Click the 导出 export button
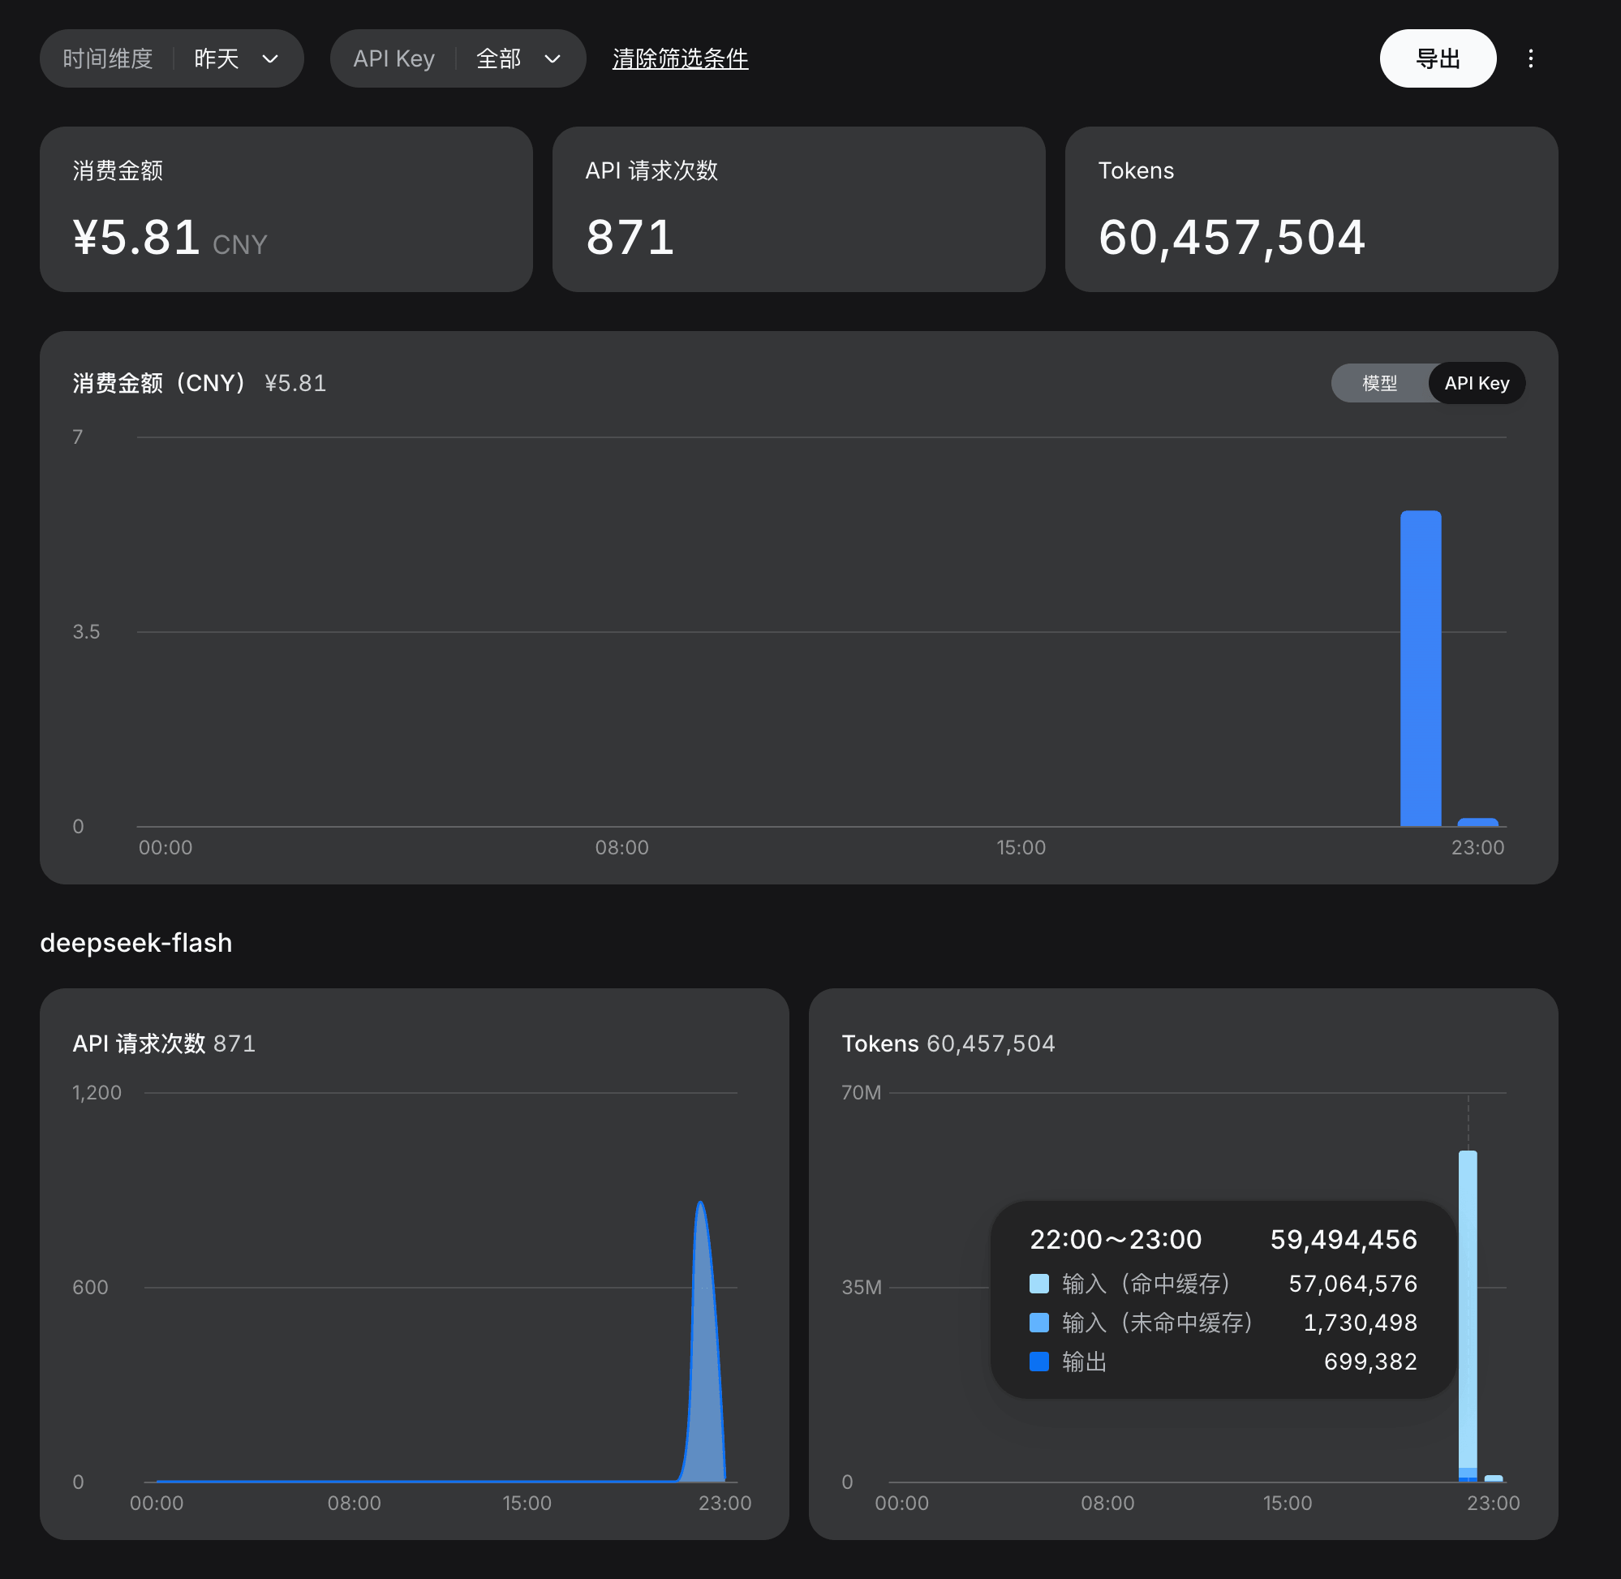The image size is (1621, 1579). tap(1437, 58)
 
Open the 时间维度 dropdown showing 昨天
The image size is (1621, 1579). tap(172, 58)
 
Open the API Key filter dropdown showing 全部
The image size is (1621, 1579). tap(458, 58)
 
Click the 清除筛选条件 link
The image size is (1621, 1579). tap(680, 59)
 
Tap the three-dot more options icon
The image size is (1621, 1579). tap(1530, 58)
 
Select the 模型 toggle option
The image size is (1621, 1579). tap(1379, 383)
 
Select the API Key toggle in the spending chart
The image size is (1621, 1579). tap(1476, 383)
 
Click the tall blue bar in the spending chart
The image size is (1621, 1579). tap(1421, 669)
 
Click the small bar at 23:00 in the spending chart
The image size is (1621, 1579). tap(1477, 822)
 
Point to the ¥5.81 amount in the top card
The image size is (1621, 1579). tap(137, 237)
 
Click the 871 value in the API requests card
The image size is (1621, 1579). tap(630, 237)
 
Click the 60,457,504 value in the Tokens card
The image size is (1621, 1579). tap(1232, 238)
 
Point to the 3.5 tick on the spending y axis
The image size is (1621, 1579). tap(85, 632)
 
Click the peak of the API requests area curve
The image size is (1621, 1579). tap(701, 1202)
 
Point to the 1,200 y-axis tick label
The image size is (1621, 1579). tap(97, 1092)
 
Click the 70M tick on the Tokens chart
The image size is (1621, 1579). tap(861, 1092)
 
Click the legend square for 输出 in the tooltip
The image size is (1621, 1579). tap(1039, 1361)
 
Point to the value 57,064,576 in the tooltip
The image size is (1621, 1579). tap(1352, 1284)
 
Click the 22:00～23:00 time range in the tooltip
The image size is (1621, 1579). tap(1116, 1239)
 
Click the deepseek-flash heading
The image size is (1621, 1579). tap(136, 943)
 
